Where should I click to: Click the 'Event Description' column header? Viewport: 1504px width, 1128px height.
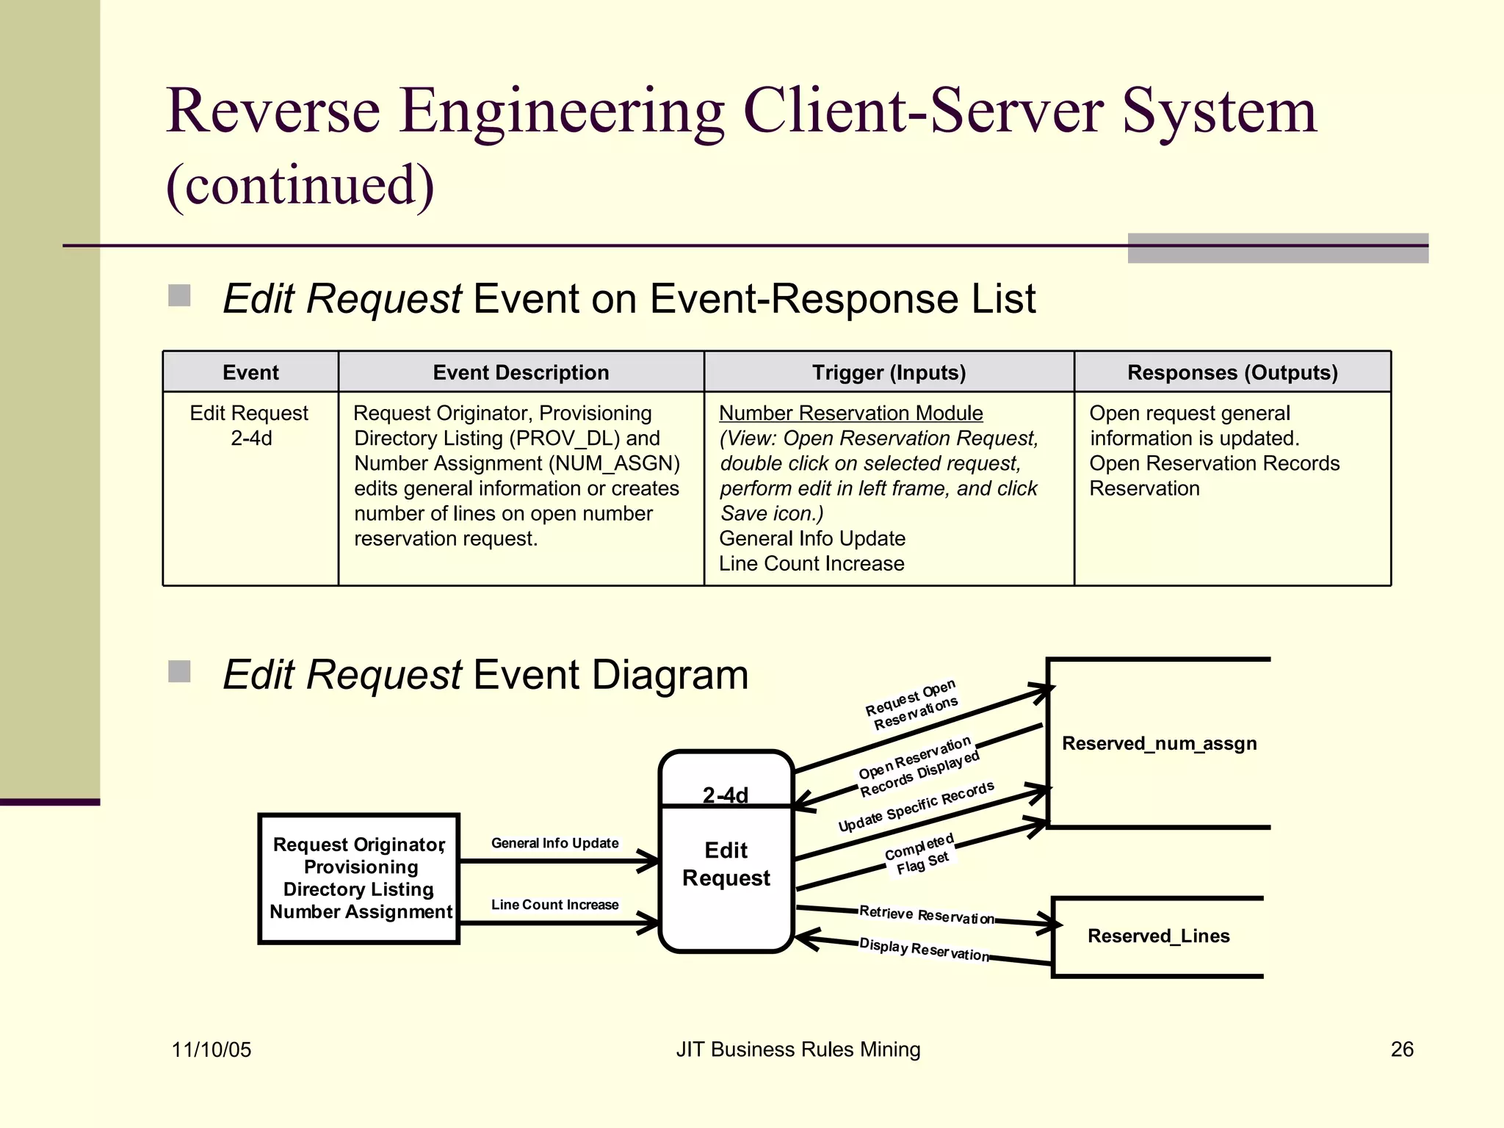tap(521, 372)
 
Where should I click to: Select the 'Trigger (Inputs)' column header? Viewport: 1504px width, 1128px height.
tap(889, 372)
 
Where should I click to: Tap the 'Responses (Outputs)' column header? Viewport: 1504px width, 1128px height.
tap(1232, 372)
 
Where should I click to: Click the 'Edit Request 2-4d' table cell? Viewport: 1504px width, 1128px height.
tap(250, 425)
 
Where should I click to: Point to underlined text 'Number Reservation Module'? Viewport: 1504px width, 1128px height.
tap(850, 413)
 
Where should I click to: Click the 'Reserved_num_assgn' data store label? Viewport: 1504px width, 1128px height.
tap(1159, 743)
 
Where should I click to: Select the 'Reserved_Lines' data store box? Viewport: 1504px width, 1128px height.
tap(1158, 936)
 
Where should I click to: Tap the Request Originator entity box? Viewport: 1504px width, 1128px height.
tap(359, 878)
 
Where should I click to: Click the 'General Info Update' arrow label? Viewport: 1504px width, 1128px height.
tap(554, 843)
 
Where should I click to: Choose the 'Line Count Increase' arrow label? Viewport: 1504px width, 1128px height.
tap(554, 905)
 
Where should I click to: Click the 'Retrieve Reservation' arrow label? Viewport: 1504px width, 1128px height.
tap(926, 915)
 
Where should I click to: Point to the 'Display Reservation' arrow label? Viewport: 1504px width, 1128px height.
tap(924, 950)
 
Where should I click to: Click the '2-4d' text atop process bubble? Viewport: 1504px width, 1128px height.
tap(726, 795)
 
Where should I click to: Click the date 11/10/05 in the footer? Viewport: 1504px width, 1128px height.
tap(211, 1049)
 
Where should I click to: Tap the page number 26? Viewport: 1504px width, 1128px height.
tap(1401, 1049)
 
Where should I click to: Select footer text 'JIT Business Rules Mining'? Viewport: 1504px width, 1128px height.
tap(798, 1049)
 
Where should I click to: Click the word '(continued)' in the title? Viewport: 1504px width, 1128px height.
tap(300, 185)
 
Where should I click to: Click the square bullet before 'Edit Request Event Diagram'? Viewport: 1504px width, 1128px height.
tap(179, 671)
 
